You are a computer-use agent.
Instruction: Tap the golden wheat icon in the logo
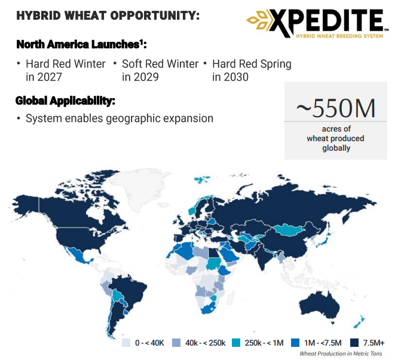point(258,20)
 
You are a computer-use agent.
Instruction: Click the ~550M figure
point(336,108)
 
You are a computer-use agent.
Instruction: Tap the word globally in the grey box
point(336,148)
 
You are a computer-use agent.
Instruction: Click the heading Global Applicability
point(65,100)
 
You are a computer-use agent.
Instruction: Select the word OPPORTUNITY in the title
point(155,16)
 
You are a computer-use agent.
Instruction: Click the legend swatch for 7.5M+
point(354,343)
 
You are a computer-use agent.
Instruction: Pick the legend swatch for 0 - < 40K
point(126,343)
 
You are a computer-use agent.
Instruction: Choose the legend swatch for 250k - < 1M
point(236,343)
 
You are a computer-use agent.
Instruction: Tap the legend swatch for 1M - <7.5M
point(295,343)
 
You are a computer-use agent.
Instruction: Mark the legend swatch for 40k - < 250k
point(176,343)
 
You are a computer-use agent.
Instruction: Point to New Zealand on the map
point(359,321)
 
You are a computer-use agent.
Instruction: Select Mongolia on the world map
point(289,230)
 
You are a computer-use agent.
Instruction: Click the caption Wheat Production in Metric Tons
point(341,353)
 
